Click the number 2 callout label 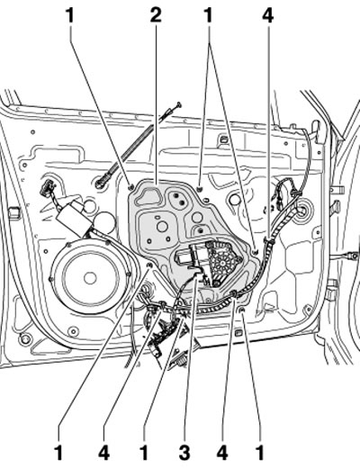coord(156,15)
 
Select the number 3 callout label coord(184,453)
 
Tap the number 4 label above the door coord(268,15)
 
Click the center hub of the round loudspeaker coord(89,278)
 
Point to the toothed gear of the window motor coord(223,262)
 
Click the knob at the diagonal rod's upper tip coord(179,104)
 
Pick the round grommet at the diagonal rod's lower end coord(100,184)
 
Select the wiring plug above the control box coord(47,189)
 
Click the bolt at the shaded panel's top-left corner coord(130,188)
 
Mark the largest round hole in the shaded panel coord(162,226)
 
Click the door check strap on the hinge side coord(349,256)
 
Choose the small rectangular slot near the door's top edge coord(224,139)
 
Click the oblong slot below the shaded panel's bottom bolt coord(238,333)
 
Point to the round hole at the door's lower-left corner coord(24,338)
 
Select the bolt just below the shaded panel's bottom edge coord(242,310)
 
